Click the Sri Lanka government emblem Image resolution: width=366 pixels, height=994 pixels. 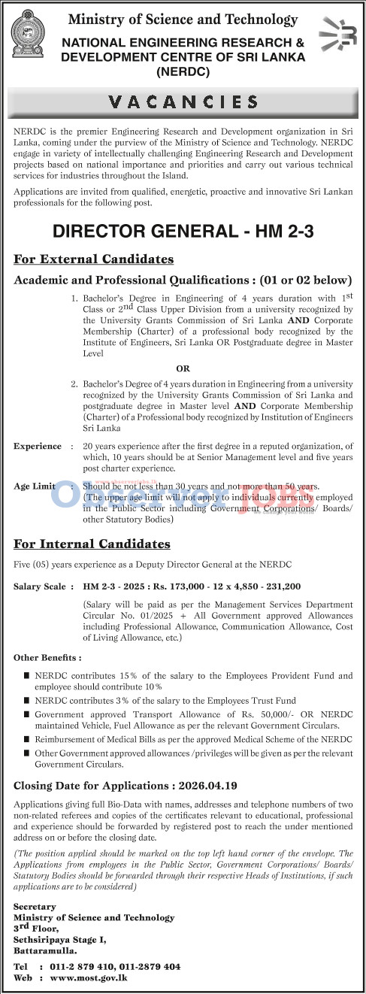[x=30, y=37]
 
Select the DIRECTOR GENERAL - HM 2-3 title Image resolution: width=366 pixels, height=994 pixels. [x=183, y=232]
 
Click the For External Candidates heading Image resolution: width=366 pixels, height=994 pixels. [x=93, y=259]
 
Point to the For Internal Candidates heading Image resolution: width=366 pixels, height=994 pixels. [x=92, y=543]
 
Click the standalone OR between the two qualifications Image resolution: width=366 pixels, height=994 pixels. [x=183, y=368]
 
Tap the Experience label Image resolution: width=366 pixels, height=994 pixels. [x=38, y=446]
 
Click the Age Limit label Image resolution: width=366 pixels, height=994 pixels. [x=34, y=486]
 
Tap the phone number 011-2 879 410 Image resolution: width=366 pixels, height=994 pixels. [x=79, y=965]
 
